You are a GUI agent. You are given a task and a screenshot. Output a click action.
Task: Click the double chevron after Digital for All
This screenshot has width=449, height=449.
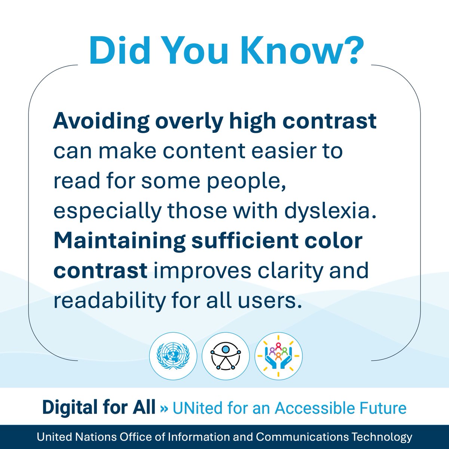coord(164,408)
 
